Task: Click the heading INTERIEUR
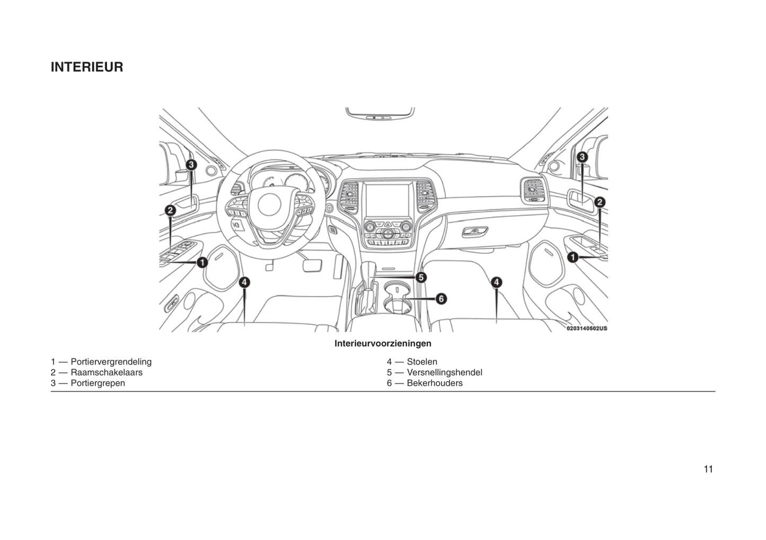pos(87,67)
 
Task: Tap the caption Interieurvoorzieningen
pos(383,343)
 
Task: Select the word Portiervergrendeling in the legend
pos(111,362)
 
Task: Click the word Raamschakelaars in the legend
pos(106,373)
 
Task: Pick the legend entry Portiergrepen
pos(98,383)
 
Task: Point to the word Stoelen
pos(422,362)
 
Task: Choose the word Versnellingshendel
pos(444,373)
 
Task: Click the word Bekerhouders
pos(434,383)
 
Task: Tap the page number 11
pos(708,469)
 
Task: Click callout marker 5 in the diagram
pos(421,277)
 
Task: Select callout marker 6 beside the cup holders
pos(441,299)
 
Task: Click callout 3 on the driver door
pos(191,165)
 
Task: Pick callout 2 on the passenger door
pos(600,202)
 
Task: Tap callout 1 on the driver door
pos(202,262)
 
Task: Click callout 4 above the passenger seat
pos(496,282)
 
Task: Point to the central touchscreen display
pos(388,200)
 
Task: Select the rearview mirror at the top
pos(380,113)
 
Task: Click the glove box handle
pos(475,231)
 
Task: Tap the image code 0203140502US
pos(587,329)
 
